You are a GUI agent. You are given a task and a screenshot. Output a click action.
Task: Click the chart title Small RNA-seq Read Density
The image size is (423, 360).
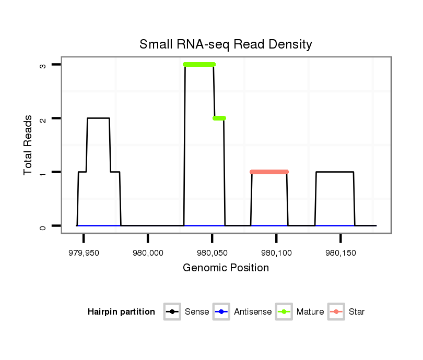[x=226, y=45]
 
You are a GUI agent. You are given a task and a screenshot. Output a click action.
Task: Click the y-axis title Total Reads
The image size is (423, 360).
[x=28, y=145]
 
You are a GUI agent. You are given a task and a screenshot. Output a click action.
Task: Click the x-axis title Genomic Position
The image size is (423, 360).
[x=226, y=268]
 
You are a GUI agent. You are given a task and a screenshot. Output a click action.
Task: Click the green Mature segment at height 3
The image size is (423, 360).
[x=199, y=65]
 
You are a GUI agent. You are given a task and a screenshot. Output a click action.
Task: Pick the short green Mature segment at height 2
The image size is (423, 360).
[x=219, y=118]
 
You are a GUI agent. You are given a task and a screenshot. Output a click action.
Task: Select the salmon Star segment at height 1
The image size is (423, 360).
[x=269, y=172]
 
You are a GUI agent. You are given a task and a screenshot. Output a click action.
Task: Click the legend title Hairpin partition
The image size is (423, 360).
[x=121, y=312]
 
